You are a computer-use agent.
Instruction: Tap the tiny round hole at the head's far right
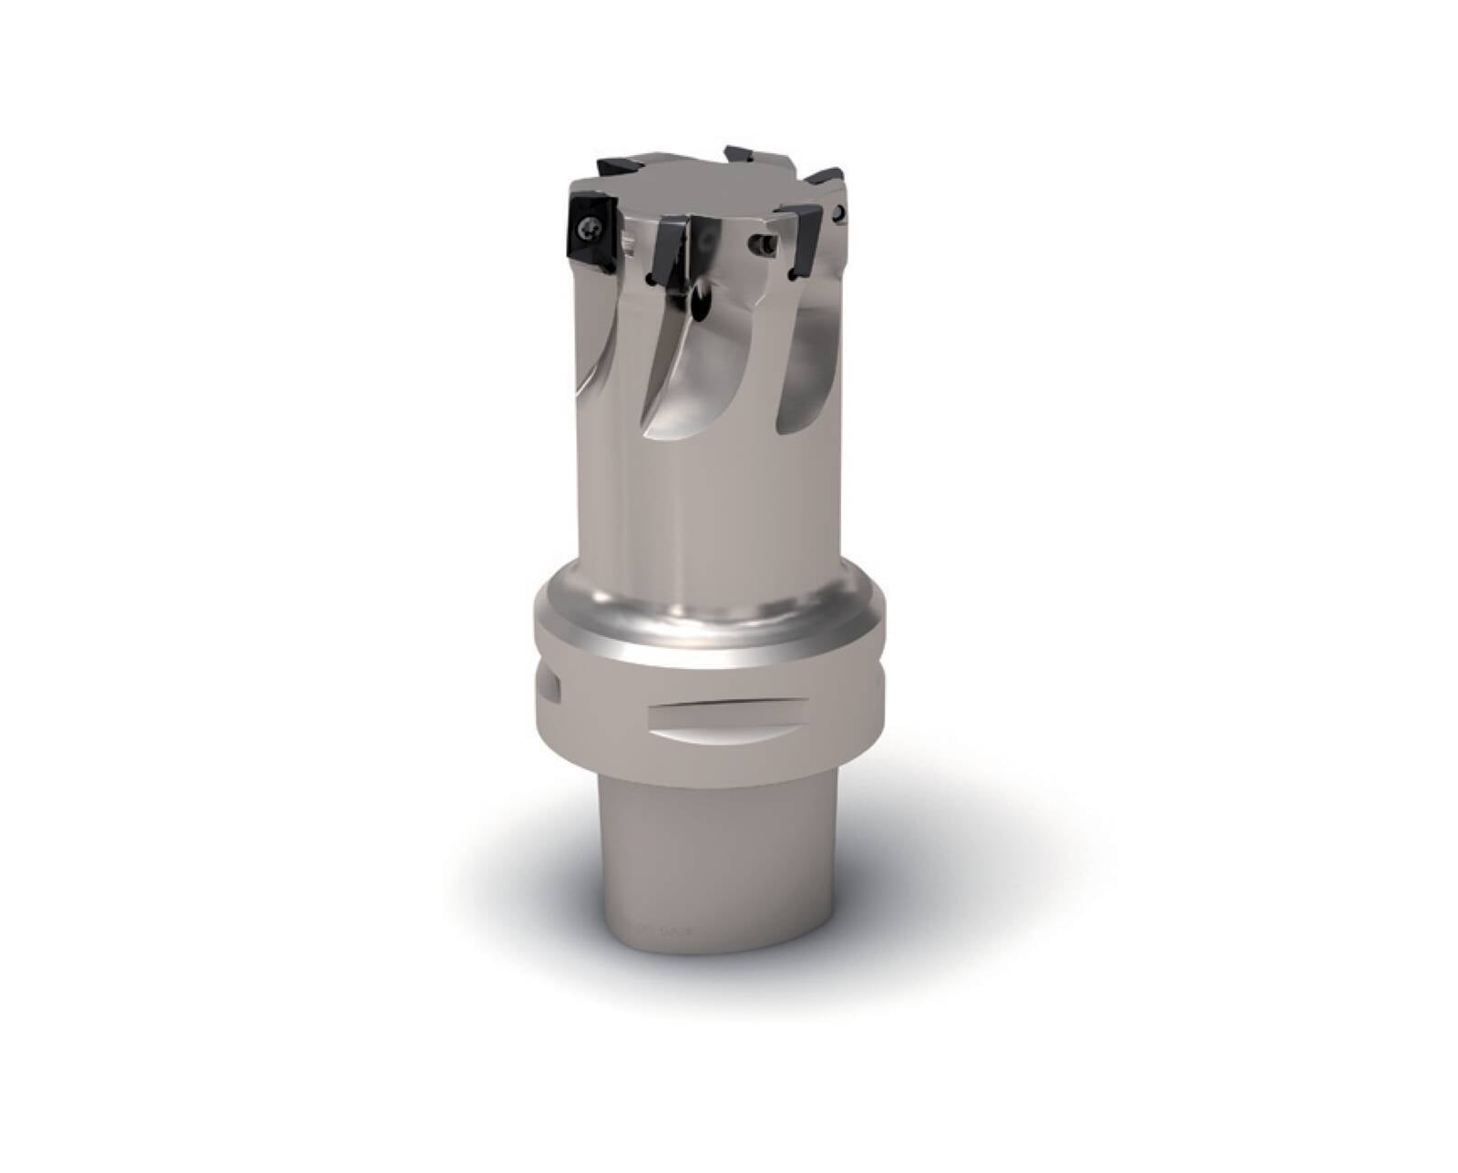[840, 214]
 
